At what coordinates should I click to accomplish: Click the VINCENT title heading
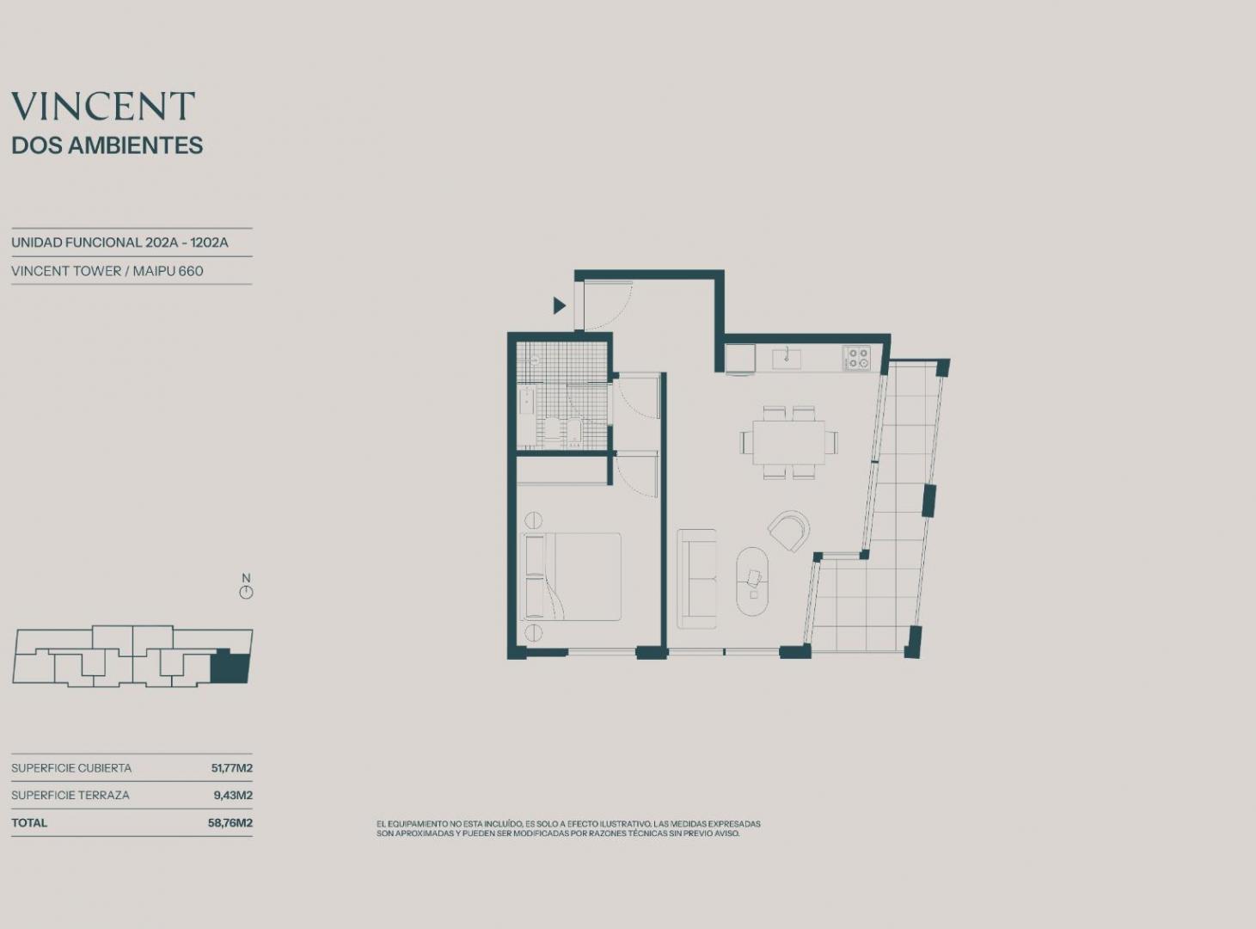[x=103, y=106]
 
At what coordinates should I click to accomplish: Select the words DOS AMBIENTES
[x=107, y=145]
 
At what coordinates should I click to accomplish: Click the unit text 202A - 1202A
[x=187, y=243]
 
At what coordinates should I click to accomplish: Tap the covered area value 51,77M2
[x=231, y=768]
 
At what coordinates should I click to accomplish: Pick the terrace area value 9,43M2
[x=233, y=795]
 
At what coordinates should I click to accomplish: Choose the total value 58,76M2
[x=230, y=822]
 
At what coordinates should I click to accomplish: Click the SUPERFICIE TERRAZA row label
[x=70, y=795]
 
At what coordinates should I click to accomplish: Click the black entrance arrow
[x=560, y=306]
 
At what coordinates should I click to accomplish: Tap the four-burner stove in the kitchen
[x=857, y=358]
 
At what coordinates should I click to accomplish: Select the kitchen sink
[x=787, y=360]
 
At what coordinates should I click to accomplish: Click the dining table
[x=789, y=442]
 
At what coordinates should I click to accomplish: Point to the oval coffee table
[x=752, y=581]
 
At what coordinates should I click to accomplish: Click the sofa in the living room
[x=697, y=579]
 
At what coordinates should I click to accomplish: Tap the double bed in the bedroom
[x=571, y=576]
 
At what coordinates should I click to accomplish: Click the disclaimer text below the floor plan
[x=568, y=828]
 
